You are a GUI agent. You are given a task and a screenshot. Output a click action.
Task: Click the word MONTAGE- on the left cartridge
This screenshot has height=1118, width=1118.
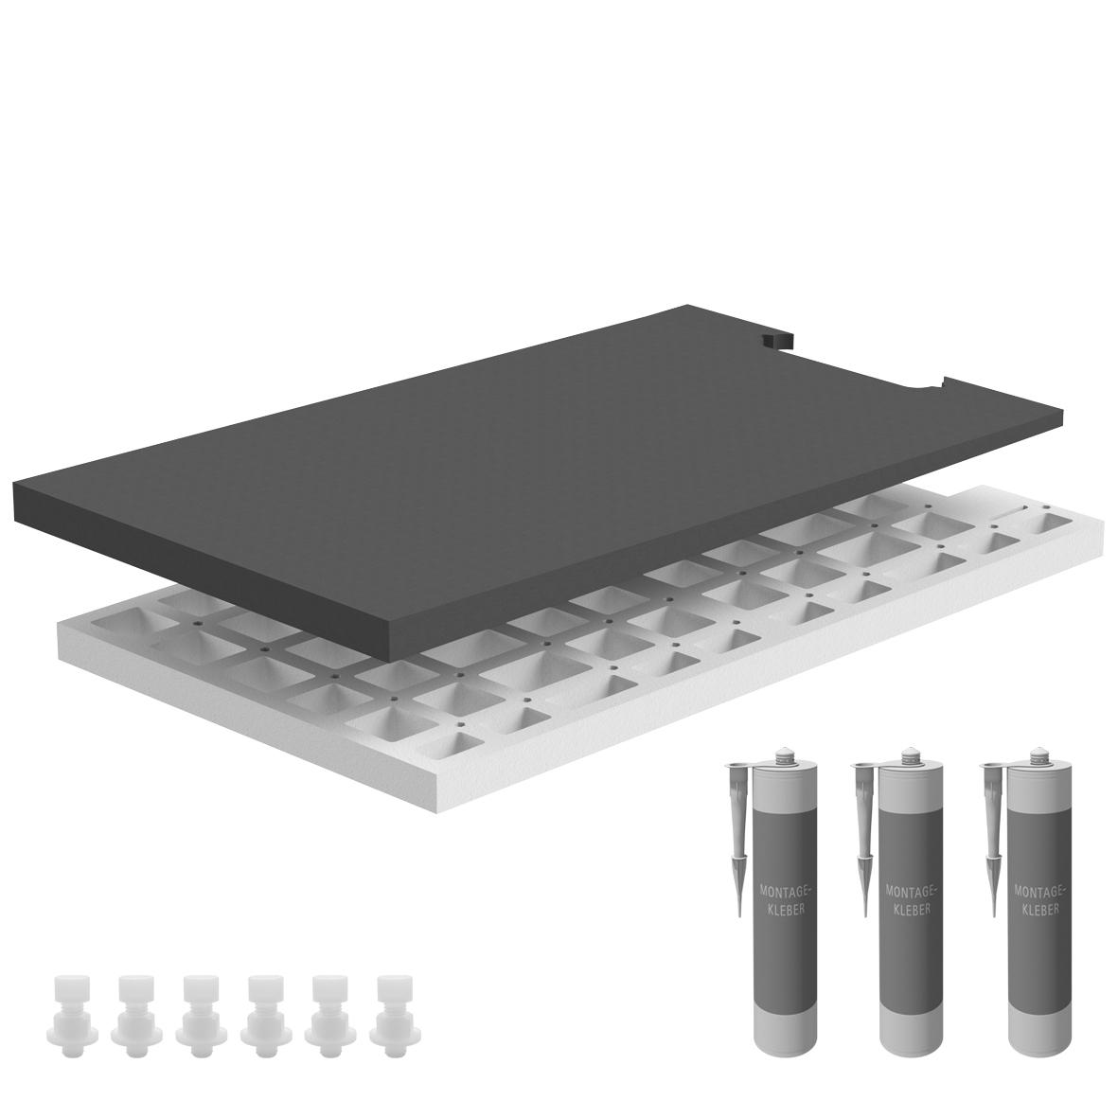(783, 891)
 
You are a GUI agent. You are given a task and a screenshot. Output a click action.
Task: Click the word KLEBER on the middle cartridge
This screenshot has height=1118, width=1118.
(912, 910)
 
